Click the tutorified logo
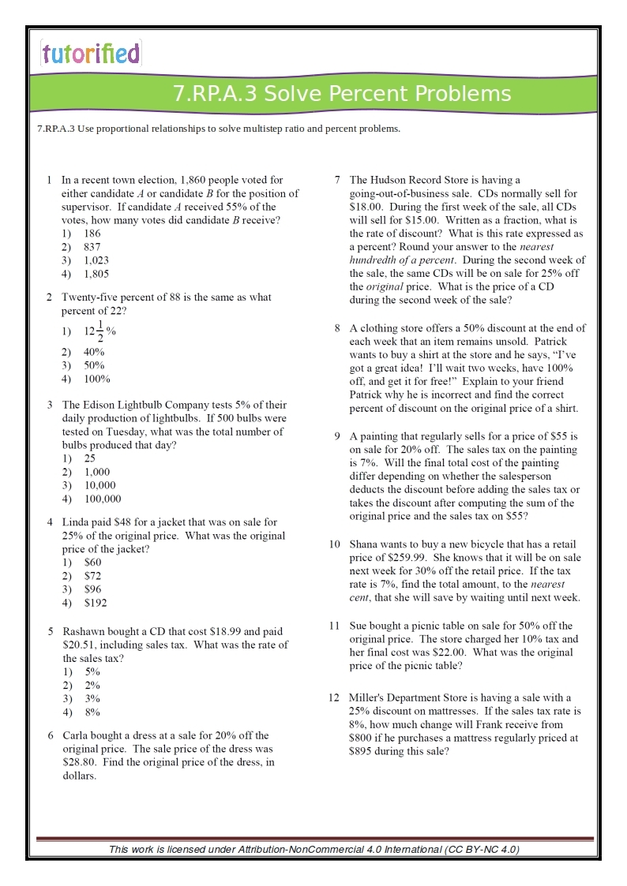pyautogui.click(x=90, y=54)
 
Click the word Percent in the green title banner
pyautogui.click(x=367, y=94)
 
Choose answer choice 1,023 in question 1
pyautogui.click(x=96, y=260)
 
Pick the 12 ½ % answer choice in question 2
pyautogui.click(x=100, y=331)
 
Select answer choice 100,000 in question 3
pyautogui.click(x=103, y=499)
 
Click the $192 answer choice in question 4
pyautogui.click(x=96, y=603)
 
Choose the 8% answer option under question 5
pyautogui.click(x=92, y=712)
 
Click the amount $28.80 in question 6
pyautogui.click(x=79, y=762)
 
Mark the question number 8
pyautogui.click(x=337, y=328)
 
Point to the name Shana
pyautogui.click(x=364, y=544)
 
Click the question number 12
pyautogui.click(x=334, y=698)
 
